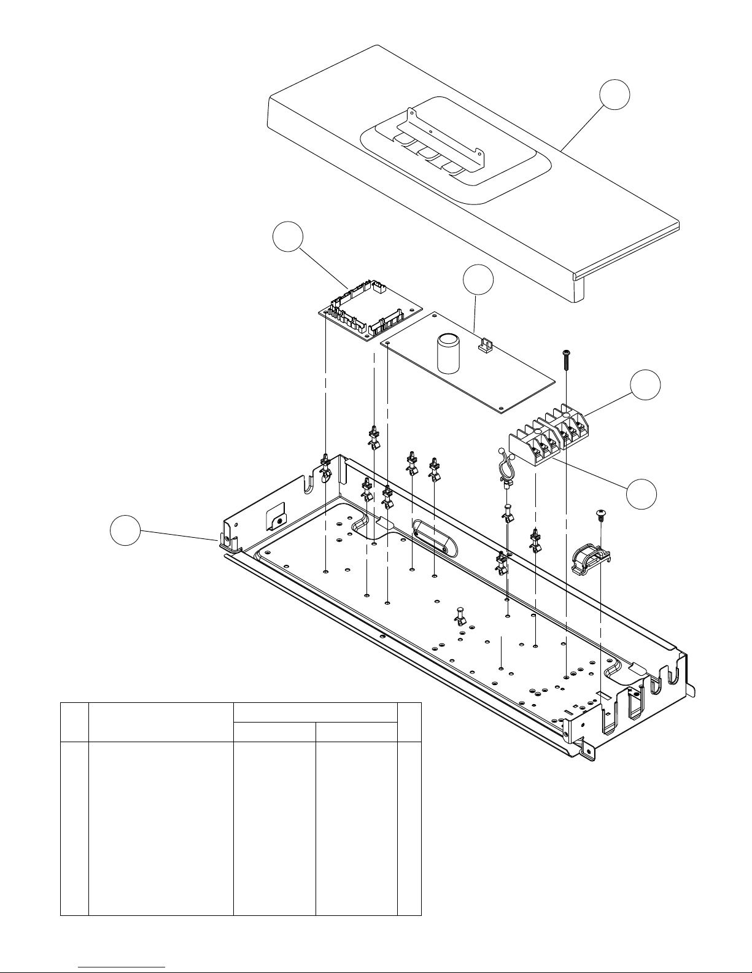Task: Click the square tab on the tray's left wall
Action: click(277, 516)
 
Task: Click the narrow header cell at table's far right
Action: click(409, 722)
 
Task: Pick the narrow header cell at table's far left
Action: click(74, 722)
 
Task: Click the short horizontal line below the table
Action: click(122, 966)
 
